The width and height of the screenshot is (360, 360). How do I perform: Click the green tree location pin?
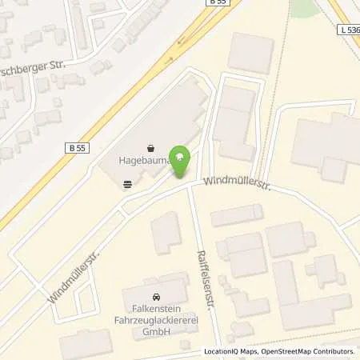click(x=182, y=158)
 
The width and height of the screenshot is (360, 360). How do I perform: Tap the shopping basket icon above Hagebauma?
click(x=151, y=148)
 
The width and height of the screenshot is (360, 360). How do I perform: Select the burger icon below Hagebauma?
click(x=127, y=183)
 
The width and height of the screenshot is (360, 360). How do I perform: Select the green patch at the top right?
click(x=302, y=7)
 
